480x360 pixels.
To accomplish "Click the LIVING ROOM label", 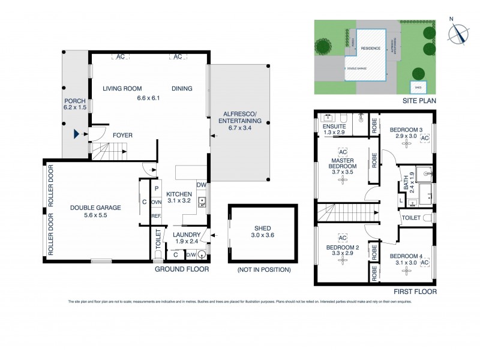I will (121, 89).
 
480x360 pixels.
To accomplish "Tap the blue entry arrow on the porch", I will (77, 135).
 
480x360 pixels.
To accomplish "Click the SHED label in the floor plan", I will (262, 229).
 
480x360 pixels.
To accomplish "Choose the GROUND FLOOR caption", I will (182, 269).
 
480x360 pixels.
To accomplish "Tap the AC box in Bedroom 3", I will (425, 139).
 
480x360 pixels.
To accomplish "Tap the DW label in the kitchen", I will (202, 185).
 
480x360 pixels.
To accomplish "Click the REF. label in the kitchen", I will (156, 216).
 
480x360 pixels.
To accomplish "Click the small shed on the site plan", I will (418, 87).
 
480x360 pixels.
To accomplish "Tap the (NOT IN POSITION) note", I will (263, 269).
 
